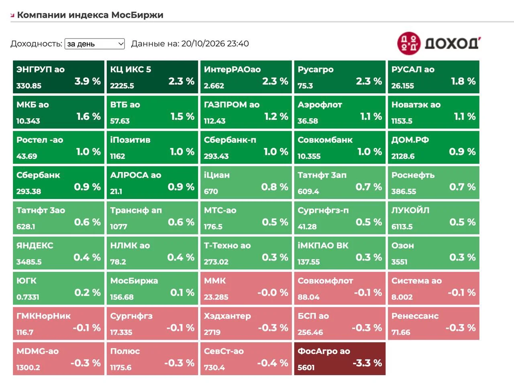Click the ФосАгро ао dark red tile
click(340, 359)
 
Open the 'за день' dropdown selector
click(95, 43)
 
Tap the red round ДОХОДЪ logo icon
click(409, 43)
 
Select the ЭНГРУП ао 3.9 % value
click(88, 81)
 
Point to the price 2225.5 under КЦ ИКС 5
click(122, 86)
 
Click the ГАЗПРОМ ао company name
click(232, 105)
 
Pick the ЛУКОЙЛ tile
click(433, 218)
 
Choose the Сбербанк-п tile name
click(230, 140)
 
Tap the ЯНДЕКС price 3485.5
click(29, 262)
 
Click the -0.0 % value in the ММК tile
click(273, 293)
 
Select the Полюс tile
click(152, 359)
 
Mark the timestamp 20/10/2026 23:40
click(215, 43)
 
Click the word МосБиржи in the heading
click(137, 15)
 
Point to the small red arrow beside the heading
click(12, 16)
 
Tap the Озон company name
click(402, 245)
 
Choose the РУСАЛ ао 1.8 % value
click(463, 81)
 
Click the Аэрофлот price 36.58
click(308, 121)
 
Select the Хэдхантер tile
click(246, 324)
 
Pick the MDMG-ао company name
click(37, 351)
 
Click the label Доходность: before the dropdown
click(36, 43)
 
